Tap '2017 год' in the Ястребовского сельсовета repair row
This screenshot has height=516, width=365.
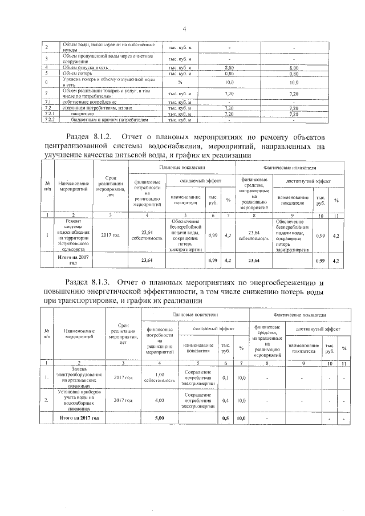[x=110, y=235]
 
